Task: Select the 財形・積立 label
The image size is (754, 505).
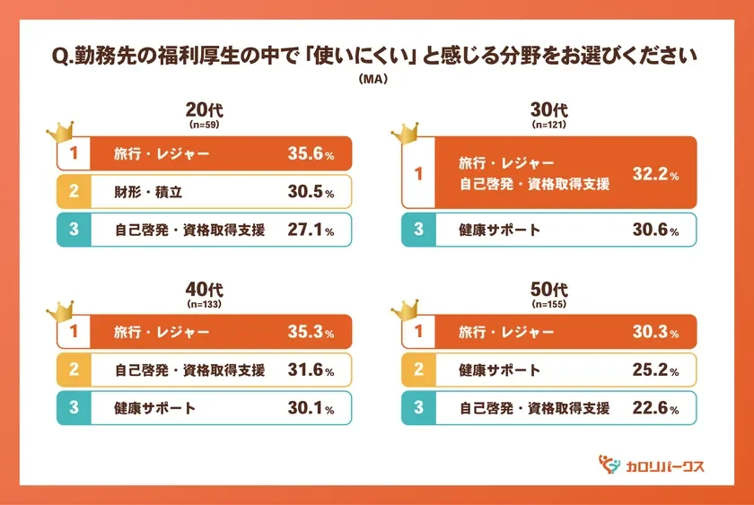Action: coord(148,192)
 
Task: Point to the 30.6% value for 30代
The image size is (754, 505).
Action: coord(654,231)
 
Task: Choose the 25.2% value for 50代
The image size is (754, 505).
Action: coord(654,370)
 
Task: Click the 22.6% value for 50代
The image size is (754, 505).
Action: coord(654,408)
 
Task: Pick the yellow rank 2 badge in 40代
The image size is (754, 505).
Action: coord(74,370)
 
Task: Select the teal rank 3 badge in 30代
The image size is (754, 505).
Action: coord(418,231)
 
